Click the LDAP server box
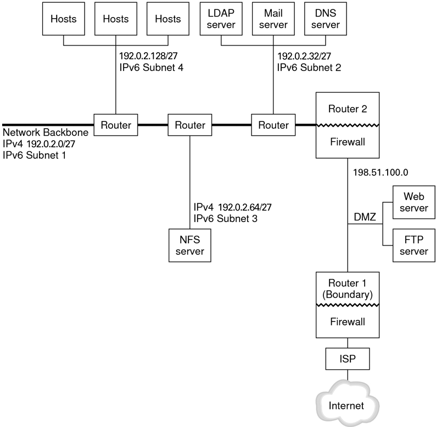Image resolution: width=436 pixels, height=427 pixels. tap(221, 19)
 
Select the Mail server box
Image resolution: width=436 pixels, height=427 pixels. tap(273, 19)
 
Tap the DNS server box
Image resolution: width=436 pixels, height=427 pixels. tap(326, 19)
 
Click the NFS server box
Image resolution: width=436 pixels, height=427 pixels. tap(190, 245)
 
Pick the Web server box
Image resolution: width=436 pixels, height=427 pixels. tap(414, 202)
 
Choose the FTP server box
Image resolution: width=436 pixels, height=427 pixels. tap(414, 245)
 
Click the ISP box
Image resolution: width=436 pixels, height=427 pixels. tap(348, 359)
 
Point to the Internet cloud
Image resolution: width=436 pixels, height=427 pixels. tap(348, 403)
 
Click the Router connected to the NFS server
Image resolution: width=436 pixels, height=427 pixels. tap(190, 125)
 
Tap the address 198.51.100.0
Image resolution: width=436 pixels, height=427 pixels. tap(381, 173)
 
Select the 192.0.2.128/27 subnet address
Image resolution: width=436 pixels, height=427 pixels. tap(148, 56)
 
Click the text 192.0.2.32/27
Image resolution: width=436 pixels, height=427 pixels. tap(304, 56)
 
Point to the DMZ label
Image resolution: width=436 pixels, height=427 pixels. tap(365, 217)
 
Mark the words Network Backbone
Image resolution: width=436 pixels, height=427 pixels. tap(46, 132)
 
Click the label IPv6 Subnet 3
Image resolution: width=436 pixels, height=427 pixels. tap(226, 219)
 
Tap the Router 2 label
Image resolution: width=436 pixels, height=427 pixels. tap(348, 109)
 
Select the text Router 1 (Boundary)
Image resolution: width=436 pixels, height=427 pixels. tap(348, 289)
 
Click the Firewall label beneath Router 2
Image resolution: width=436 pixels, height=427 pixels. tap(348, 142)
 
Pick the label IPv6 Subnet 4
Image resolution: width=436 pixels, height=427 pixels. tap(152, 68)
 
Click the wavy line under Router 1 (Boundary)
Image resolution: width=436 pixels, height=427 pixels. tap(348, 305)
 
